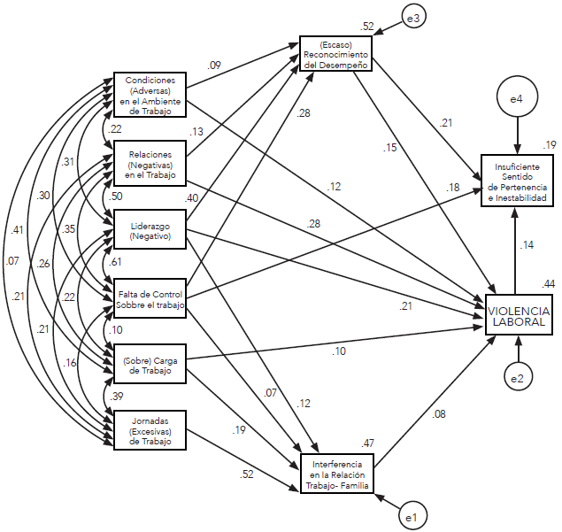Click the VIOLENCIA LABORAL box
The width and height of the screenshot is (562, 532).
point(518,316)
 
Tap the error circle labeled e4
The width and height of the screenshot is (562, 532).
point(517,102)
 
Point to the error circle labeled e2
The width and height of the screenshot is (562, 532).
point(517,377)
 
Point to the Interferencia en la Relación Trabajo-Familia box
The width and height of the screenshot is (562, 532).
point(337,473)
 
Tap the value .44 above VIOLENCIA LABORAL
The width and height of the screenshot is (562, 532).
point(549,282)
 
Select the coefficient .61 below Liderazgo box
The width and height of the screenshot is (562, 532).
point(115,263)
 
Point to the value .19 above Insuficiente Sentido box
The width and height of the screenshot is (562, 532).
point(549,144)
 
